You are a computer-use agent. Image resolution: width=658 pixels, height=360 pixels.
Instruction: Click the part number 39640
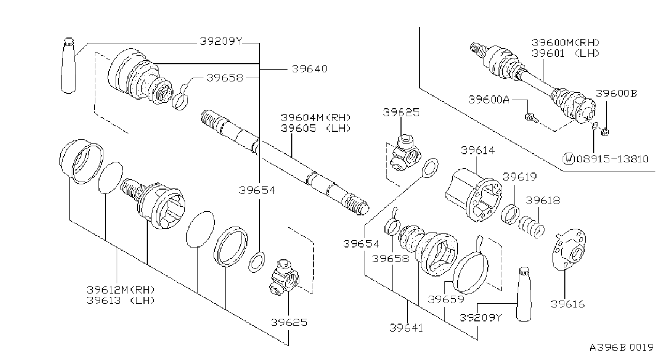point(309,69)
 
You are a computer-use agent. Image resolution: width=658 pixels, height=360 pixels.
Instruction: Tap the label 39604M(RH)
point(316,118)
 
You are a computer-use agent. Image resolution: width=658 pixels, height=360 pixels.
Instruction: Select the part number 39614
point(478,151)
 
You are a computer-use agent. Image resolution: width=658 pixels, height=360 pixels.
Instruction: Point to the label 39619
point(519,177)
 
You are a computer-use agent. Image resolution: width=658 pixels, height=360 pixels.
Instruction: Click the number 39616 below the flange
point(567,304)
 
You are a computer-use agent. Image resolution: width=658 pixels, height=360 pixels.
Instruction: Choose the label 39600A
point(489,100)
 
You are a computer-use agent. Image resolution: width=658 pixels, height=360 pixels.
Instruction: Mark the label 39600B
point(616,93)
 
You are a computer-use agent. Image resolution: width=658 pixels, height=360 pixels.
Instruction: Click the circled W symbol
point(569,159)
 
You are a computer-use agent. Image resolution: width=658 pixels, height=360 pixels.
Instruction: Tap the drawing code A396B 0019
point(622,348)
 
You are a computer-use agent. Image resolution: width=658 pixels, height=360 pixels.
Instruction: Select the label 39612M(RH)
point(120,290)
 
